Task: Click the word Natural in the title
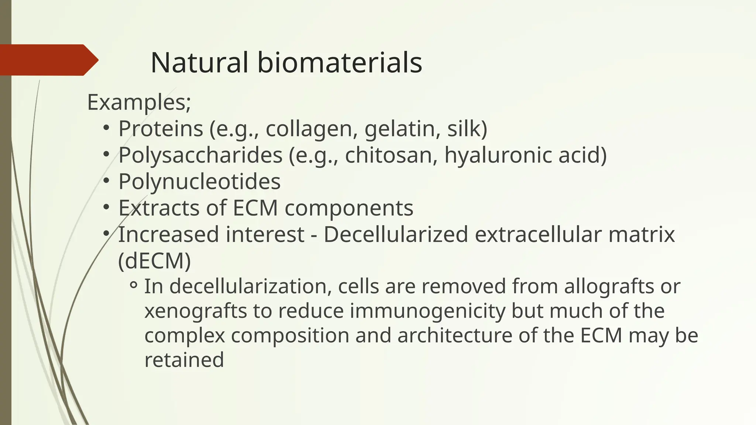[199, 62]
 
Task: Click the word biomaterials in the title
[340, 62]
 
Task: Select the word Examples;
[139, 102]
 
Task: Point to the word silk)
[467, 129]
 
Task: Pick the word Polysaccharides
[200, 155]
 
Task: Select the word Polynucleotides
[199, 182]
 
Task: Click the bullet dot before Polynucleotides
[106, 181]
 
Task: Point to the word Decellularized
[396, 235]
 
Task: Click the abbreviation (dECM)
[154, 261]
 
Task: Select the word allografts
[609, 286]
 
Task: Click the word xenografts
[195, 311]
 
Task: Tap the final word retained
[184, 360]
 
